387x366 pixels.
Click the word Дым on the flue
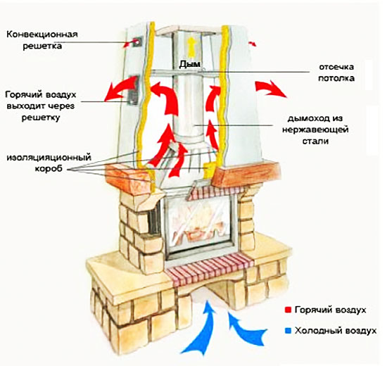click(x=189, y=64)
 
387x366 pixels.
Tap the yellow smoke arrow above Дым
click(x=191, y=47)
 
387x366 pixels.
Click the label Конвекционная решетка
click(x=42, y=40)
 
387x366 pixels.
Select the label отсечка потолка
click(x=336, y=72)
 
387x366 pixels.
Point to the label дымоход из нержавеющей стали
click(x=315, y=130)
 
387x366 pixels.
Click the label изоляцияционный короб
click(x=49, y=163)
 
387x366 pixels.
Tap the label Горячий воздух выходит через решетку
click(x=41, y=106)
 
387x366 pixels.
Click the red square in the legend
click(x=288, y=310)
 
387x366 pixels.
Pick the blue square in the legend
click(x=288, y=331)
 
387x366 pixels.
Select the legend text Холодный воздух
click(x=336, y=331)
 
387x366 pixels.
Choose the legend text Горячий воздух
click(x=331, y=310)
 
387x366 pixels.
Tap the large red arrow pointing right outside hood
click(x=269, y=89)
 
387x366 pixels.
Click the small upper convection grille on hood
click(x=137, y=42)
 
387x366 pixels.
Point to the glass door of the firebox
click(x=199, y=225)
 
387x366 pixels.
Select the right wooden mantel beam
click(x=246, y=174)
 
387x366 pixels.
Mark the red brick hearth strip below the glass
click(x=210, y=270)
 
